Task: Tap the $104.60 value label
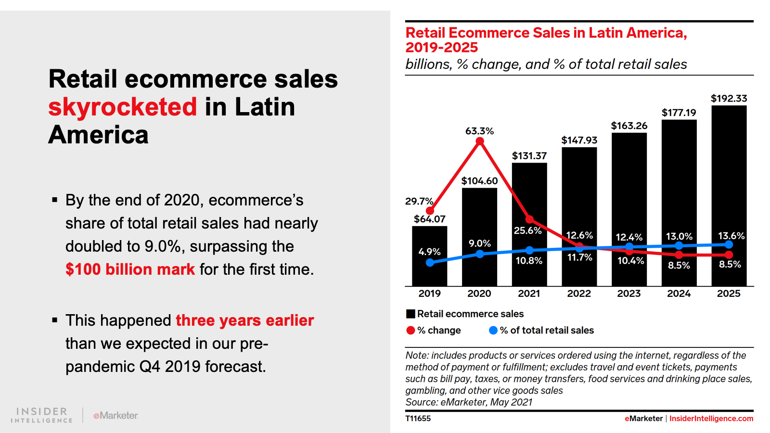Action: tap(479, 181)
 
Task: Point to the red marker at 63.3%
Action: tap(480, 141)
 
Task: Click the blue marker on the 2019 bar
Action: tap(430, 263)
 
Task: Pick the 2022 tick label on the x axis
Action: tap(578, 293)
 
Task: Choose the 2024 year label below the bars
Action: tap(679, 293)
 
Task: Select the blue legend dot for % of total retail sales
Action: tap(493, 331)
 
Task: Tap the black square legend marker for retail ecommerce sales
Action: tap(411, 314)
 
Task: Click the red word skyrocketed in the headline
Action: tap(123, 107)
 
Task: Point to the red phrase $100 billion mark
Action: tap(130, 269)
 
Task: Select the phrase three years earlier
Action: tap(244, 320)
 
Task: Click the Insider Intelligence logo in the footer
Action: tap(42, 415)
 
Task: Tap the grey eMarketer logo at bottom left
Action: tap(115, 415)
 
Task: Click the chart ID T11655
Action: tap(418, 419)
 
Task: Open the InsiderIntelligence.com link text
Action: tap(711, 419)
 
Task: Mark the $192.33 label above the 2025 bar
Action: tap(729, 99)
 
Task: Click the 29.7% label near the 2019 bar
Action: tap(419, 201)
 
